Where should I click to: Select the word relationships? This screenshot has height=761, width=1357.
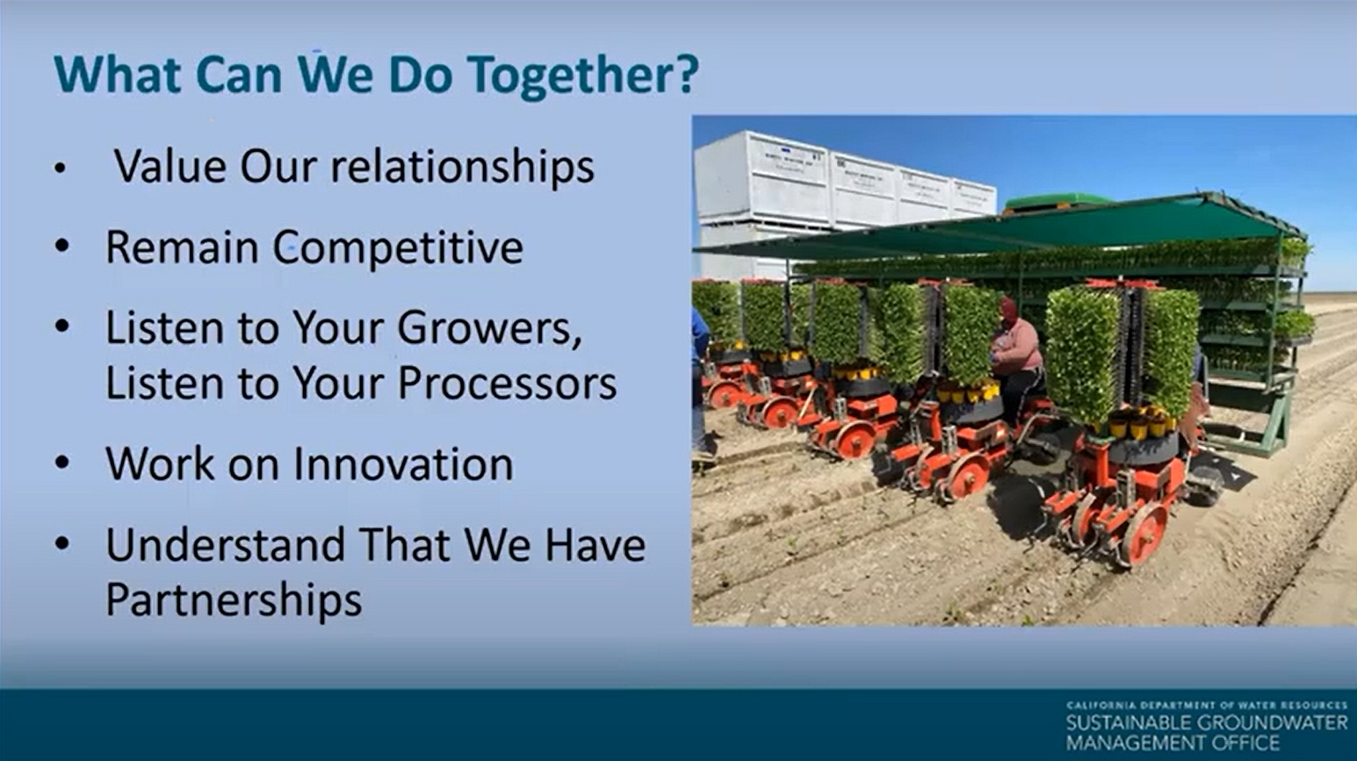pyautogui.click(x=462, y=167)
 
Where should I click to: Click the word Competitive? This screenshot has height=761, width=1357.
pyautogui.click(x=397, y=248)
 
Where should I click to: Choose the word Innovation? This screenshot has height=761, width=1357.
pyautogui.click(x=403, y=463)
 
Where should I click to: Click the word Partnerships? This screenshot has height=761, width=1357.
pyautogui.click(x=234, y=600)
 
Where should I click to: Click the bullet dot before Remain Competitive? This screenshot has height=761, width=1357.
pyautogui.click(x=61, y=247)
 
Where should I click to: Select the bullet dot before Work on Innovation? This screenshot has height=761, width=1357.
pyautogui.click(x=61, y=463)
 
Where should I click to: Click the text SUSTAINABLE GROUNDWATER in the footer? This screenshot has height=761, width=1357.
pyautogui.click(x=1207, y=723)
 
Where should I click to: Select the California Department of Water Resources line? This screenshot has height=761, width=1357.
pyautogui.click(x=1207, y=706)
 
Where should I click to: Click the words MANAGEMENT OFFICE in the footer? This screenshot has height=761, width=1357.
pyautogui.click(x=1173, y=743)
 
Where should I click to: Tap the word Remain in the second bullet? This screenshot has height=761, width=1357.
pyautogui.click(x=183, y=247)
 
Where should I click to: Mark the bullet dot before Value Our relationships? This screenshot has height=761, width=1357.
pyautogui.click(x=60, y=169)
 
